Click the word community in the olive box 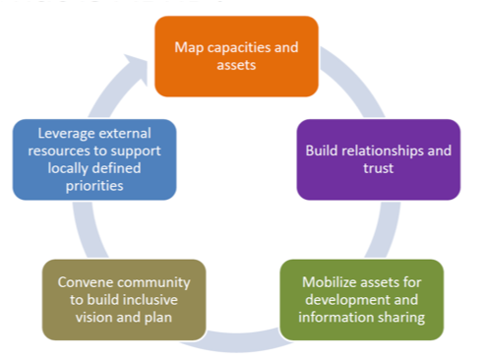point(151,280)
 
